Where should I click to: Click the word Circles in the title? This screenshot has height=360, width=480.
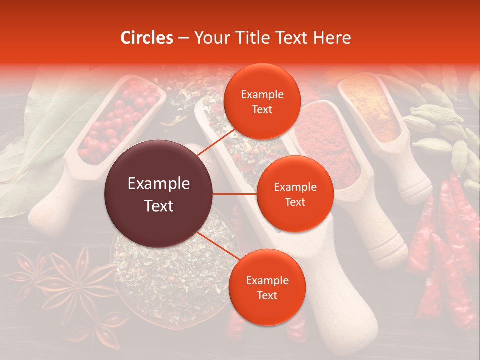pos(147,38)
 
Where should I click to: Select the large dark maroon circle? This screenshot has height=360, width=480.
pos(159,194)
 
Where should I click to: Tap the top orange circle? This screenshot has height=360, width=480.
pos(262,102)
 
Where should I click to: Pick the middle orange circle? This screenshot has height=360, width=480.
pos(295,194)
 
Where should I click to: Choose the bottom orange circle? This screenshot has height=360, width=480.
pos(267,287)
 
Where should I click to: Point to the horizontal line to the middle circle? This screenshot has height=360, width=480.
pos(235,194)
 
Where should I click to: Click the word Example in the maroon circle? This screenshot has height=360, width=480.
pos(159,184)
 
